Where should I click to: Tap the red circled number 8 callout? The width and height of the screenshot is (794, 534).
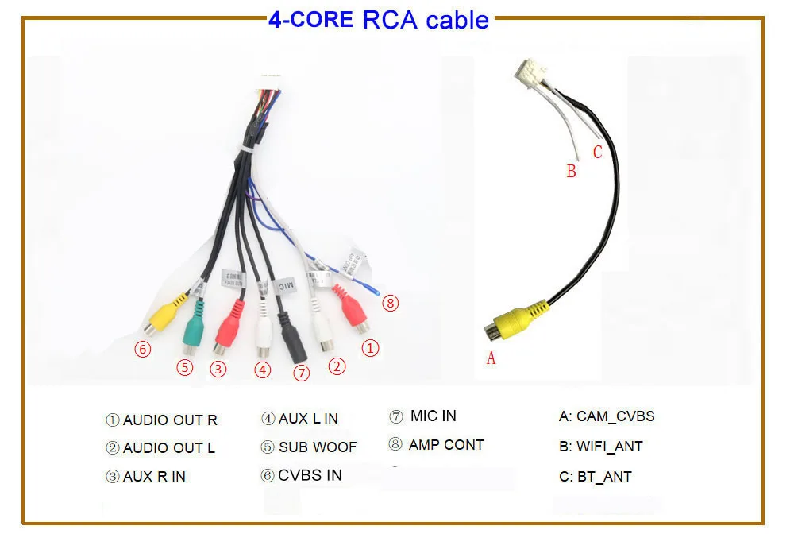tap(390, 302)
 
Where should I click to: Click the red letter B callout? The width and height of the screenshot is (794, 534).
tap(571, 171)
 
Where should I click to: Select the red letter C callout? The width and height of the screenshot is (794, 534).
tap(597, 153)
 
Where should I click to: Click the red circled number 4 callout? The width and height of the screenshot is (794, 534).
tap(263, 370)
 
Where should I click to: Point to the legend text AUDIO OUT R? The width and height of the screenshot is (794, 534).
tap(169, 420)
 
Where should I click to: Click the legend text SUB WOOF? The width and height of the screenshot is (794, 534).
tap(318, 447)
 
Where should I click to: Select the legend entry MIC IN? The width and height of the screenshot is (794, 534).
tap(433, 416)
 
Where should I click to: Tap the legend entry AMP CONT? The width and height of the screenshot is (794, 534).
tap(445, 445)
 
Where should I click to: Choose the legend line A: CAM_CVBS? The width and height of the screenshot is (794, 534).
tap(607, 416)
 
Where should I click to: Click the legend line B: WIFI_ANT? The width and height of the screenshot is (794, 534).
tap(600, 447)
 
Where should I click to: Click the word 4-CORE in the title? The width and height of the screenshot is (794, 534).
tap(310, 20)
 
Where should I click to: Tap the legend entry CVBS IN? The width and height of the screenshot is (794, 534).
tap(310, 475)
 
